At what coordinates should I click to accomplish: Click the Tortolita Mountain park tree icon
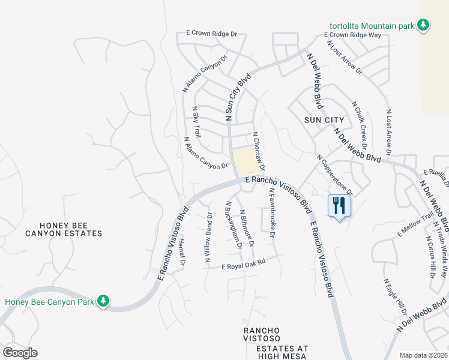pyautogui.click(x=424, y=25)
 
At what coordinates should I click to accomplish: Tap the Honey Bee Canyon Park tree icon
pyautogui.click(x=103, y=300)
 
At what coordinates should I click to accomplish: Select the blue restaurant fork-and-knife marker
pyautogui.click(x=339, y=206)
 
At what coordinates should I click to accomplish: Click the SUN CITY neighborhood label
pyautogui.click(x=324, y=120)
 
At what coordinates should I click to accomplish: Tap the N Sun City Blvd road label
pyautogui.click(x=238, y=98)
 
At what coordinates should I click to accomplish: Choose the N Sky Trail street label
pyautogui.click(x=196, y=122)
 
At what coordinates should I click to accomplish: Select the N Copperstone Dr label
pyautogui.click(x=335, y=173)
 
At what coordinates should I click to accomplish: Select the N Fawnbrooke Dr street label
pyautogui.click(x=272, y=213)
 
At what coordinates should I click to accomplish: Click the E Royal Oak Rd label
pyautogui.click(x=252, y=263)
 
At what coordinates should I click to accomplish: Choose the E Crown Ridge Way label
pyautogui.click(x=353, y=35)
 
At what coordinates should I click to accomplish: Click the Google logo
pyautogui.click(x=20, y=353)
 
